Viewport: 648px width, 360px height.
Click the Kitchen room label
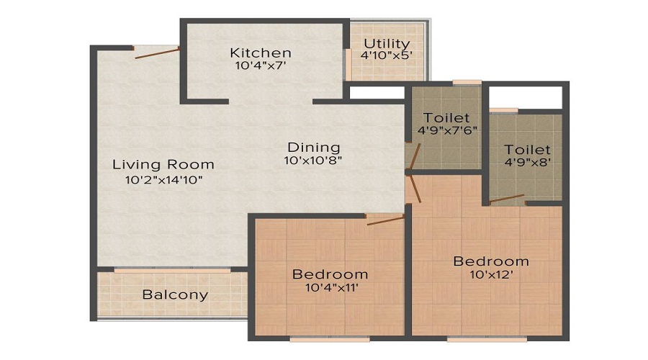(x=261, y=53)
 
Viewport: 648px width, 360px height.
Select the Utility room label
(x=387, y=44)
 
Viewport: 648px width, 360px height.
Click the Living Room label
(x=163, y=165)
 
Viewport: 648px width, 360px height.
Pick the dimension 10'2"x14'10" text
(x=163, y=179)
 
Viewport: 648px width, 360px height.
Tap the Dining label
(x=310, y=147)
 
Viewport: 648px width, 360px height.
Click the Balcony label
(x=175, y=294)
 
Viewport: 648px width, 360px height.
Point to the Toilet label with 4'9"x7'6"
(x=446, y=117)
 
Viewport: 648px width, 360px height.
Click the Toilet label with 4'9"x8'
(x=528, y=149)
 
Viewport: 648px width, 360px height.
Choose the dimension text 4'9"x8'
(x=528, y=162)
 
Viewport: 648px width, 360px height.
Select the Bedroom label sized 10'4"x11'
(x=330, y=274)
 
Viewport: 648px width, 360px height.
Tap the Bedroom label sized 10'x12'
(x=491, y=261)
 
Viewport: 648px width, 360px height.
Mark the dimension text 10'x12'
(x=491, y=274)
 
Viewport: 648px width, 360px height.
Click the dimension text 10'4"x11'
(x=330, y=288)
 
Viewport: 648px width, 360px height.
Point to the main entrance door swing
(x=156, y=53)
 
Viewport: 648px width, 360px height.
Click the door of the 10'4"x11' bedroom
(x=385, y=220)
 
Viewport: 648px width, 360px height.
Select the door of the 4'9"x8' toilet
(x=507, y=199)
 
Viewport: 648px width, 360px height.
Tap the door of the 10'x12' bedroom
(x=415, y=189)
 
